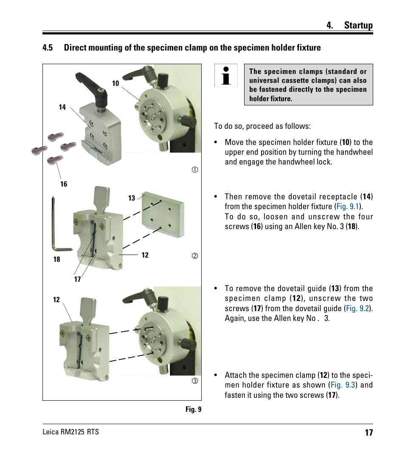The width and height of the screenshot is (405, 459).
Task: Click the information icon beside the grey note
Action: [226, 76]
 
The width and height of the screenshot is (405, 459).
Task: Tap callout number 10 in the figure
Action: [115, 84]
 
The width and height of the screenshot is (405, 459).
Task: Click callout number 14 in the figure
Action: [62, 108]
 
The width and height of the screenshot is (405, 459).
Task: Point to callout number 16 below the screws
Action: [64, 184]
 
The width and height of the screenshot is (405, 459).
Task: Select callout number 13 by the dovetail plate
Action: [132, 198]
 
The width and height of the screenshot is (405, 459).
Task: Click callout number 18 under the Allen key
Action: [57, 259]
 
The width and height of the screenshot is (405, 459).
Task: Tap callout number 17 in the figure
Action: [77, 279]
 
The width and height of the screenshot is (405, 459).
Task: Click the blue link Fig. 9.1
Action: [347, 207]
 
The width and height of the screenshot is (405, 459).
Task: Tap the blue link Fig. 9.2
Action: [357, 309]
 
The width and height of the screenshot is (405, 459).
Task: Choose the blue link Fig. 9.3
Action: [342, 385]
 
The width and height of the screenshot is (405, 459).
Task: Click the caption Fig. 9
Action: [193, 409]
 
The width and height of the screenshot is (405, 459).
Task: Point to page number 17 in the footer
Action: [368, 433]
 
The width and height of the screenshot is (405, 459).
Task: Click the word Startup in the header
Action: [358, 25]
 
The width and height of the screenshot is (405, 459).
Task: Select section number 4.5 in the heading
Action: [48, 48]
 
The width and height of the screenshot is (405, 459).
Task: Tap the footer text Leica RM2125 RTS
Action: [70, 432]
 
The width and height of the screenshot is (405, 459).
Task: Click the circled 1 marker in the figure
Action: [195, 170]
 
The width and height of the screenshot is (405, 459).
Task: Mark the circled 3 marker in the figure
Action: [195, 381]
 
